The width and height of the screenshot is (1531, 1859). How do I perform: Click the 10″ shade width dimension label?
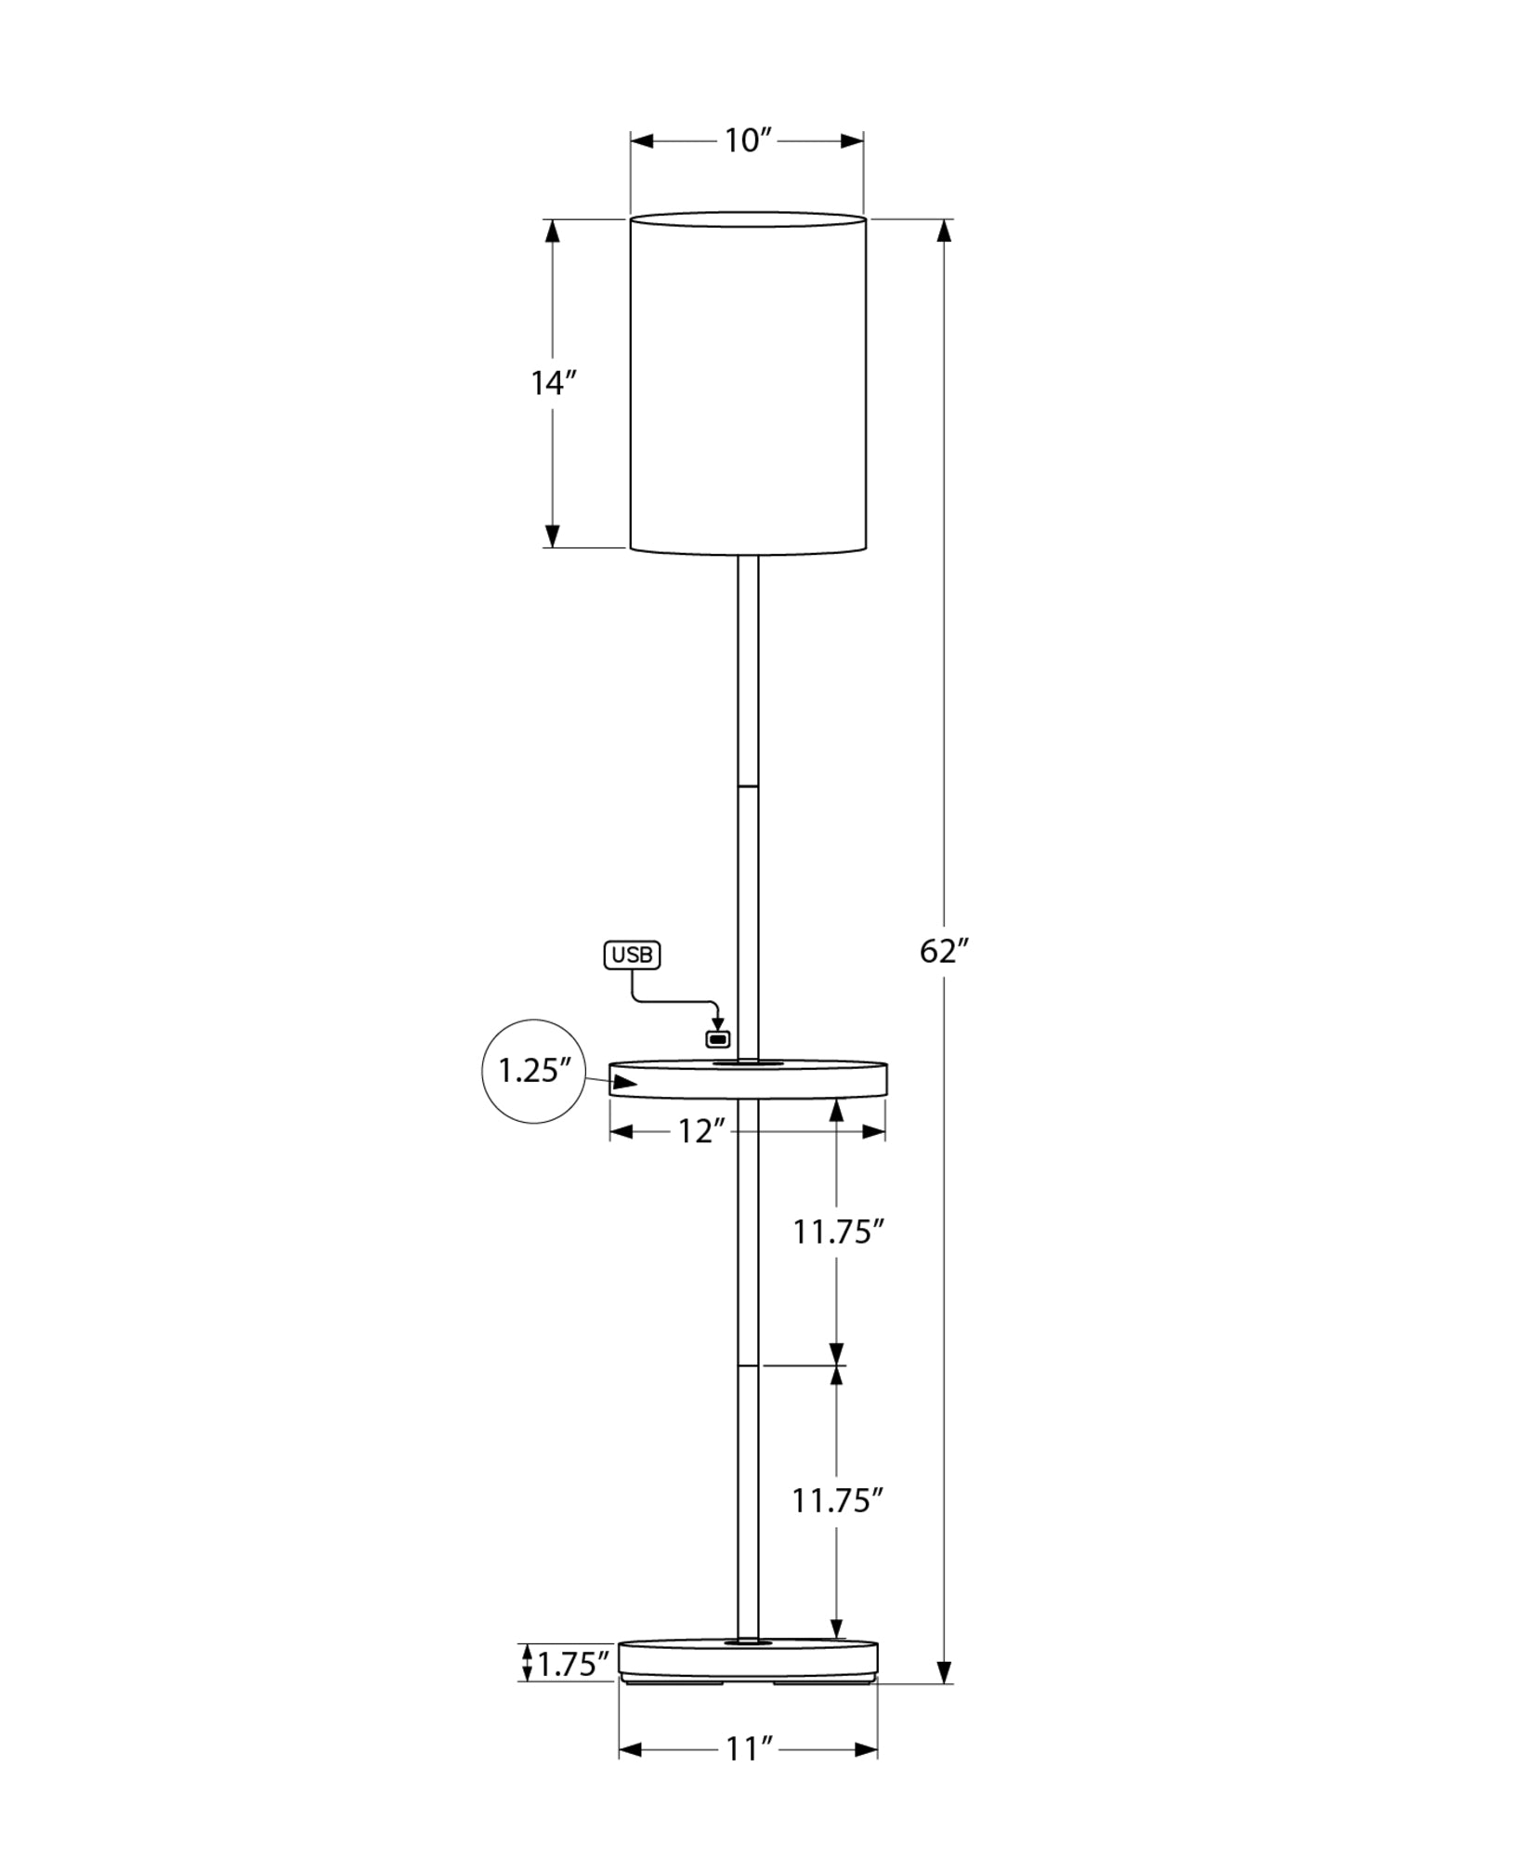[x=749, y=141]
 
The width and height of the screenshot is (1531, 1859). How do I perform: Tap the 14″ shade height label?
[x=554, y=383]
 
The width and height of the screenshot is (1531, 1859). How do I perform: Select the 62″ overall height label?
[x=945, y=951]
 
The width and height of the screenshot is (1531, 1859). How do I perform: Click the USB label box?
[x=632, y=955]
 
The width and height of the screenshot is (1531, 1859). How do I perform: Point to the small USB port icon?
[x=718, y=1038]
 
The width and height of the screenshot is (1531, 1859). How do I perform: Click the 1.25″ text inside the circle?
[x=534, y=1071]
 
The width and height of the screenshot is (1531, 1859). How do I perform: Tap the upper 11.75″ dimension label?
[x=837, y=1233]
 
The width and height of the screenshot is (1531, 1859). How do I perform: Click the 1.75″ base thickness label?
[x=573, y=1664]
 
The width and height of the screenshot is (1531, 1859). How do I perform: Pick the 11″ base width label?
[x=749, y=1749]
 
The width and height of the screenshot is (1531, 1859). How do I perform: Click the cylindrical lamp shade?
[x=748, y=383]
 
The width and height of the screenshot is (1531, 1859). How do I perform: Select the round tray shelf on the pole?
[x=748, y=1078]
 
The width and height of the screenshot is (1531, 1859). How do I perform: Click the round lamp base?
[x=748, y=1661]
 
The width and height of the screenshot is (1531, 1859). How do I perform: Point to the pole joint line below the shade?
[x=748, y=786]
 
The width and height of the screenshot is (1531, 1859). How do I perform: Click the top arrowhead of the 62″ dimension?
[x=945, y=231]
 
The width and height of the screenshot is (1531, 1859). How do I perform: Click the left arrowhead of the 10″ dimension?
[x=642, y=141]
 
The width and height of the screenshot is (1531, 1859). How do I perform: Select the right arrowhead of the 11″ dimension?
[x=866, y=1750]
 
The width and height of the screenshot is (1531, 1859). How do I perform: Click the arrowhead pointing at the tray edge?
[x=624, y=1082]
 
